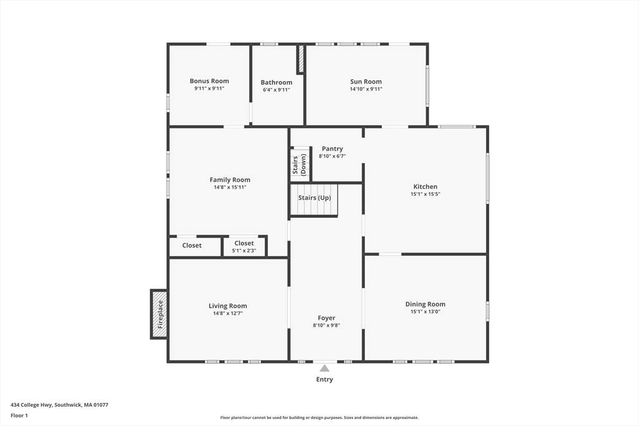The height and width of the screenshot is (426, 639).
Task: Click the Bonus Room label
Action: click(209, 81)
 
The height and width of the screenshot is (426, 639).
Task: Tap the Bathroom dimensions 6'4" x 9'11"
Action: click(276, 90)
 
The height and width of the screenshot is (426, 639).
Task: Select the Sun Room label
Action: click(366, 82)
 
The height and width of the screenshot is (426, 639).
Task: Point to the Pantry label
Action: click(332, 148)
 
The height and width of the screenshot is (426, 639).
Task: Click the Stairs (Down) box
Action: click(300, 164)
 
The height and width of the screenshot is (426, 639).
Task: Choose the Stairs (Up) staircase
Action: click(314, 200)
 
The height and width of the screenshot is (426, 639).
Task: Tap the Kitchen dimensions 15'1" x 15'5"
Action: click(425, 194)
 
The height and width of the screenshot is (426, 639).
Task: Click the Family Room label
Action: click(230, 180)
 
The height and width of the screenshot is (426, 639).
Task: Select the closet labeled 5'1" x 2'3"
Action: click(244, 246)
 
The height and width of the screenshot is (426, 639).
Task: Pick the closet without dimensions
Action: click(195, 246)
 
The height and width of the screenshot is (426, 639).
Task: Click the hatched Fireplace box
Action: click(159, 314)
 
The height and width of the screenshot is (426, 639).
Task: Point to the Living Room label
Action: click(228, 306)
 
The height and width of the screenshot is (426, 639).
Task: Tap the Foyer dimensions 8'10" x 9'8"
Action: click(326, 325)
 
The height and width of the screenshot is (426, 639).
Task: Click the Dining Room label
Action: click(425, 304)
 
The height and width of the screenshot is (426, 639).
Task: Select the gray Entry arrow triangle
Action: click(324, 368)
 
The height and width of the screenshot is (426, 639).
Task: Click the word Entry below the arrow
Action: click(324, 379)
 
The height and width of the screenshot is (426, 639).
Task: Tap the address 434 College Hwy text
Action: click(31, 405)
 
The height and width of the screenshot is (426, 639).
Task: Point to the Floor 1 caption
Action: click(19, 415)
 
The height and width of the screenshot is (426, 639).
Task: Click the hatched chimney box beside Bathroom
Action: click(301, 59)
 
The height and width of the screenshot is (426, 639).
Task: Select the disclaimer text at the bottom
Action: click(319, 417)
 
